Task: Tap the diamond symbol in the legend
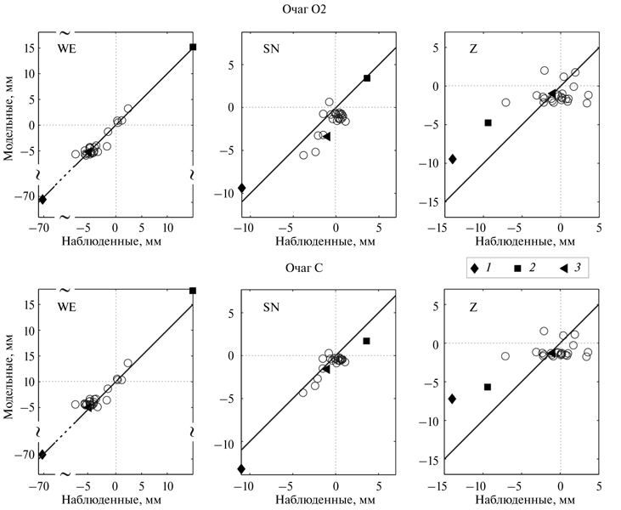coord(476,269)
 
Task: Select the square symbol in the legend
coord(518,269)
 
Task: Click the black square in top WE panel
coord(193,47)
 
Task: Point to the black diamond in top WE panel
coord(42,199)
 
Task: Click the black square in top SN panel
coord(367,78)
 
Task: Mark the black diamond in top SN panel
coord(242,188)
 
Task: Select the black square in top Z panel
coord(488,122)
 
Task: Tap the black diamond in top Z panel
coord(453,159)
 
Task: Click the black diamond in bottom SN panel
coord(242,468)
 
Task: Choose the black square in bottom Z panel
coord(488,387)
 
